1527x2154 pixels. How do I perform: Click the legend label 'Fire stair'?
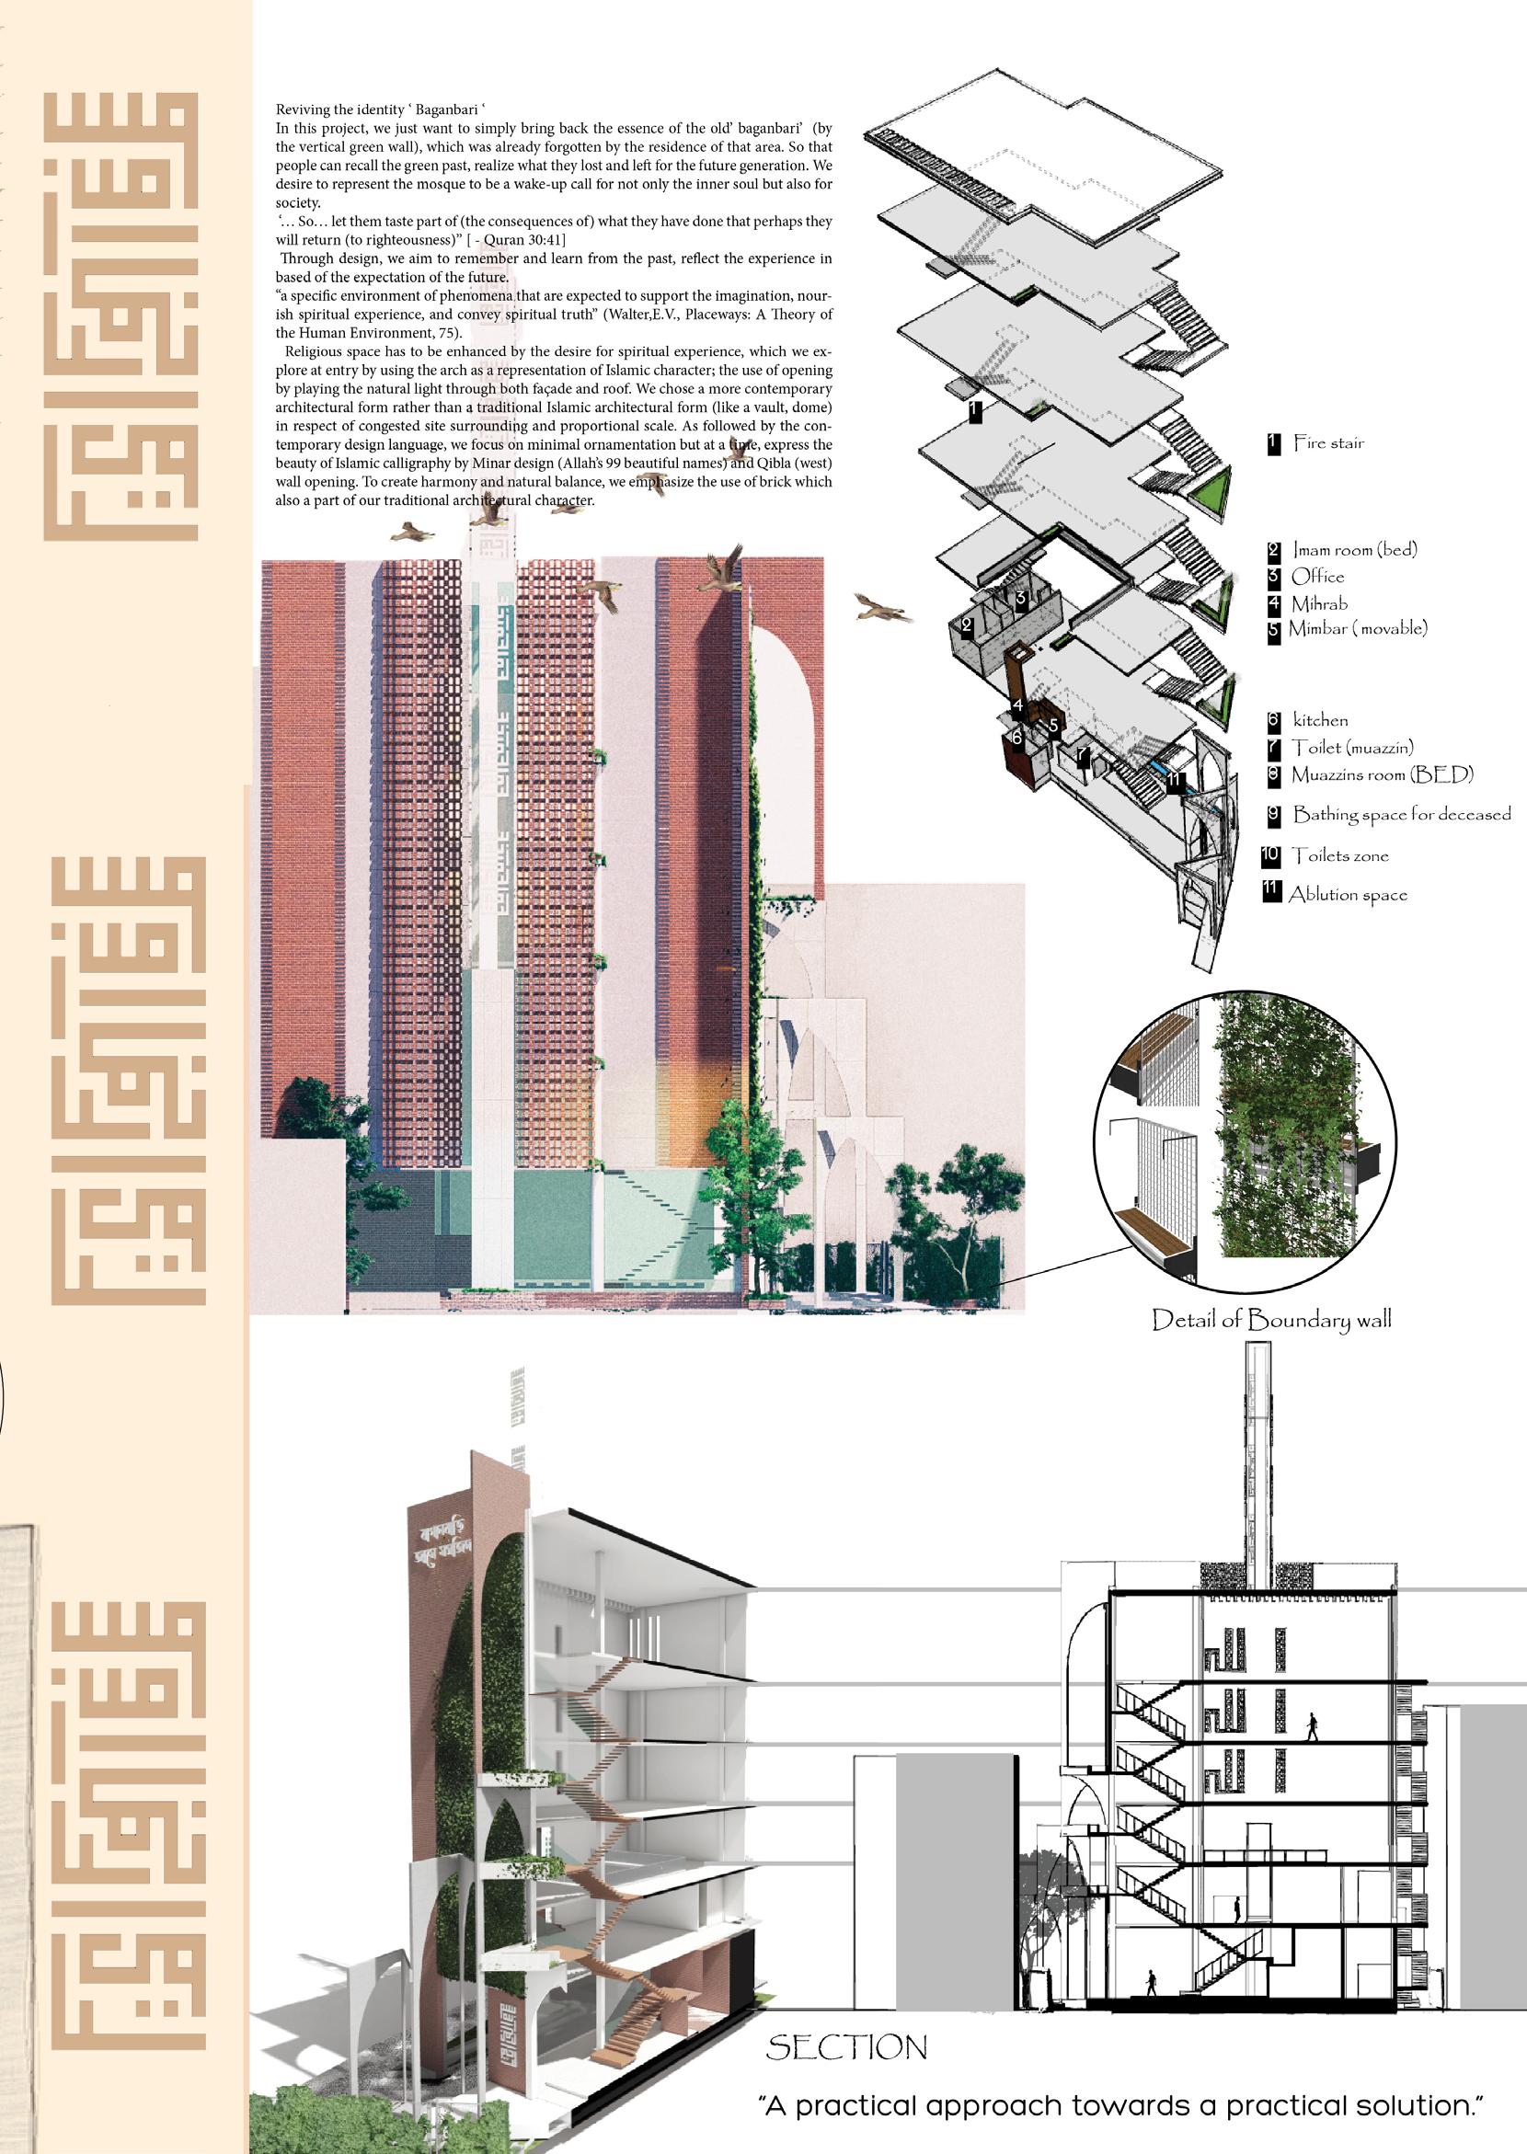1327,442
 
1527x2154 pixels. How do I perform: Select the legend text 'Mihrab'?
1319,603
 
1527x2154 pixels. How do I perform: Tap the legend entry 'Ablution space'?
1348,894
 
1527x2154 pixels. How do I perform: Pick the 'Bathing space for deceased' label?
1401,814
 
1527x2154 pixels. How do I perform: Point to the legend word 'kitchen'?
1320,720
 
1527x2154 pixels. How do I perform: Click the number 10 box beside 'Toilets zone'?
1271,855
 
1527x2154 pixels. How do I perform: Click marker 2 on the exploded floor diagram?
967,624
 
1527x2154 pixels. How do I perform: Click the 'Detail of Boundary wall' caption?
1271,1320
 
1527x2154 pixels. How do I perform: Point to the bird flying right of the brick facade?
882,608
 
